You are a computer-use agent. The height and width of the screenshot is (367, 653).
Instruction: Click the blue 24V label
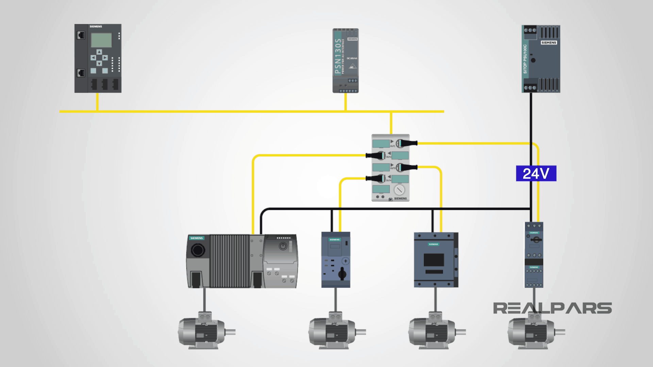536,173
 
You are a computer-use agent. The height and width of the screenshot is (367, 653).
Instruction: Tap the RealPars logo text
552,308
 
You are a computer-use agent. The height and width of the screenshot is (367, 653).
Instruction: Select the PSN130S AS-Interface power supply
345,60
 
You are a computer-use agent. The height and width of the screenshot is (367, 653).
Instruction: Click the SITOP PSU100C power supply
541,58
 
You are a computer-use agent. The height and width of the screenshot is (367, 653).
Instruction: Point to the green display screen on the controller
101,40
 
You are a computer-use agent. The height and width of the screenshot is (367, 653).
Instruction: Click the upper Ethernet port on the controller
81,35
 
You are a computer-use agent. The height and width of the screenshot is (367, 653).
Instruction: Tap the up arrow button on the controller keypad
99,52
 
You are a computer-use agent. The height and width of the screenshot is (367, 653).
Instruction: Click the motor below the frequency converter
204,331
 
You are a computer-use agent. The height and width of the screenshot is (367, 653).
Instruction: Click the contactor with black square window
435,260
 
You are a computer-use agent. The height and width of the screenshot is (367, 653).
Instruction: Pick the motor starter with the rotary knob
336,260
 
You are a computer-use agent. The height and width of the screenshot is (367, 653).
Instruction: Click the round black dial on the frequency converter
198,250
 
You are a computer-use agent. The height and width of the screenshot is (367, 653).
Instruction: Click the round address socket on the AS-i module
399,190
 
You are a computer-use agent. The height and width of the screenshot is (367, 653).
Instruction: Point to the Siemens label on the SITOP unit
549,43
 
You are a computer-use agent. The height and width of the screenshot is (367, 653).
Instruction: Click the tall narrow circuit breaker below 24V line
534,255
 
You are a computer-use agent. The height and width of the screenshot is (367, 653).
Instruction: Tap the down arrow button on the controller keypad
99,64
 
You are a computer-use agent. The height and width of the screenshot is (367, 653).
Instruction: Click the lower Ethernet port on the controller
81,72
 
